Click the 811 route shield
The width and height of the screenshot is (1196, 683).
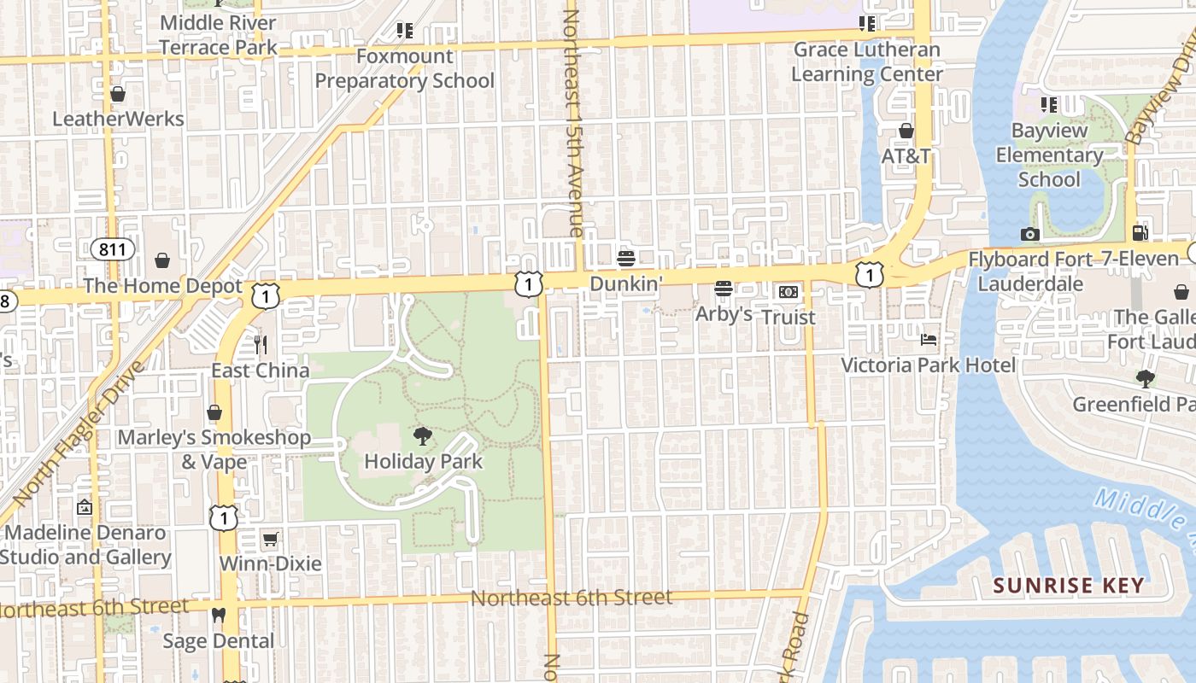point(113,249)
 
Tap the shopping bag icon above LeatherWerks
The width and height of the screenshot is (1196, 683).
point(118,93)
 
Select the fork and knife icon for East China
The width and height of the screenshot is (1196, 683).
point(261,344)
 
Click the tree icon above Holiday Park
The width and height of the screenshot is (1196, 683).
point(422,436)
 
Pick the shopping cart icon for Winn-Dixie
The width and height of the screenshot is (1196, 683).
point(270,539)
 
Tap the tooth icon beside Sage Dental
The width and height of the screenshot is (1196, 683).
point(219,615)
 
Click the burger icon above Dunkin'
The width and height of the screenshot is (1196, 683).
point(626,258)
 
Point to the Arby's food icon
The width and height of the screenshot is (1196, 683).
point(724,289)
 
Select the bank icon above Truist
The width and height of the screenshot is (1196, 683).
point(788,292)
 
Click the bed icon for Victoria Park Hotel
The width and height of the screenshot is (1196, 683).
point(928,340)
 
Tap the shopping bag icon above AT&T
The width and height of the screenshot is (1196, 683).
point(906,131)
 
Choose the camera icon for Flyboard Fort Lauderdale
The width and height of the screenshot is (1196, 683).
point(1029,234)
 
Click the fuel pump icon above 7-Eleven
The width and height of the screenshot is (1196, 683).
point(1139,232)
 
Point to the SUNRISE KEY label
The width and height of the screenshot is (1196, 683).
point(1068,586)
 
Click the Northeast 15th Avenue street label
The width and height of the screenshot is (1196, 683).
point(572,124)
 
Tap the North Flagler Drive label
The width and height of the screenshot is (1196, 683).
point(76,435)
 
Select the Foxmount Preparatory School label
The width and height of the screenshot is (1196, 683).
point(405,68)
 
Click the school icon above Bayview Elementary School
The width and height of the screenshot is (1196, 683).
point(1049,105)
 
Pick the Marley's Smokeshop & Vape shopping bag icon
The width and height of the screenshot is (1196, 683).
point(214,413)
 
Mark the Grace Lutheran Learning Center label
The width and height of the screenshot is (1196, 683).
point(867,61)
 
